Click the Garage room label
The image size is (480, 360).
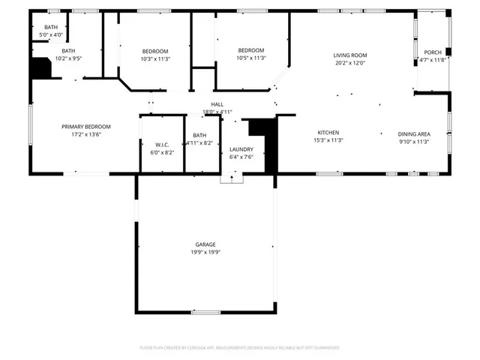[x=205, y=244]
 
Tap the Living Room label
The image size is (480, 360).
[x=349, y=55]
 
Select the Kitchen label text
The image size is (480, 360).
[x=328, y=132]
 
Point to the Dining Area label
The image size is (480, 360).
[x=413, y=133]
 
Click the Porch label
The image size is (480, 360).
[x=433, y=52]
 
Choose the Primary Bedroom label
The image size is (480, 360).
[x=86, y=127]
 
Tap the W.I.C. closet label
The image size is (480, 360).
[x=163, y=144]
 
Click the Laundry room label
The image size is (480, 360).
[x=241, y=149]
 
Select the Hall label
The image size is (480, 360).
[x=217, y=104]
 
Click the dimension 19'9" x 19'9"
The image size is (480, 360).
[x=205, y=253]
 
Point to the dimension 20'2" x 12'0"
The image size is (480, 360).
[x=349, y=63]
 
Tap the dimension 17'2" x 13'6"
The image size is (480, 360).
[x=86, y=135]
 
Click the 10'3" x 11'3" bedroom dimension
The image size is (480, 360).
[x=155, y=58]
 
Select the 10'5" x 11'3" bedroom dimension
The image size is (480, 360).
[x=250, y=58]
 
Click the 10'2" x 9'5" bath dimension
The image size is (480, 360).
[x=68, y=58]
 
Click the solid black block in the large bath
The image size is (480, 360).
[x=40, y=68]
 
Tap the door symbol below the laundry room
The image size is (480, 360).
[x=232, y=178]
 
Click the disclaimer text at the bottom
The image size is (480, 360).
[x=239, y=348]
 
